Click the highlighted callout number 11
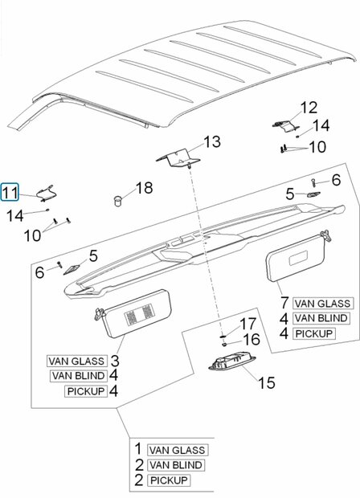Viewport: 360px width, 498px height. pos(10,193)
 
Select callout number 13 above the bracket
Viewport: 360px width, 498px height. pos(212,141)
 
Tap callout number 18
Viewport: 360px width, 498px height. pos(145,188)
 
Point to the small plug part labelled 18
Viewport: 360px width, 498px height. pos(118,201)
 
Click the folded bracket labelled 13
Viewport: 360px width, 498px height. pos(178,158)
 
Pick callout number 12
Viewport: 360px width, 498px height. pos(309,108)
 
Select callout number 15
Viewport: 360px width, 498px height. pos(267,382)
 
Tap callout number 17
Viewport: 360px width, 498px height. pos(247,324)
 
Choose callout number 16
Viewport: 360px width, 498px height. pos(252,339)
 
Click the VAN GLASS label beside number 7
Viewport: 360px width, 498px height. pos(322,304)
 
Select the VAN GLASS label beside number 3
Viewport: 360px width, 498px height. pos(76,361)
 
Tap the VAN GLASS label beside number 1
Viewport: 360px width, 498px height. pos(178,450)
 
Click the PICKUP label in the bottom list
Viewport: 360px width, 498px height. pos(169,480)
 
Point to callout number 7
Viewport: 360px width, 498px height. pos(284,303)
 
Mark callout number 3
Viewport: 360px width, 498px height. pos(115,361)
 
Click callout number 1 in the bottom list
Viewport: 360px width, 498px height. pos(138,449)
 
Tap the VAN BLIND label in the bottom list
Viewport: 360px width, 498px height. pos(176,465)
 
